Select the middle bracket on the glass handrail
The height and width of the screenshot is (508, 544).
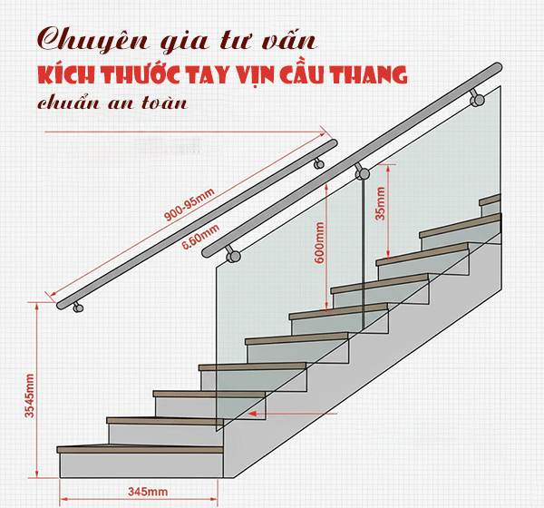(362, 171)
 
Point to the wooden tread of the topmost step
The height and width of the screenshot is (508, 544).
(490, 199)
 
